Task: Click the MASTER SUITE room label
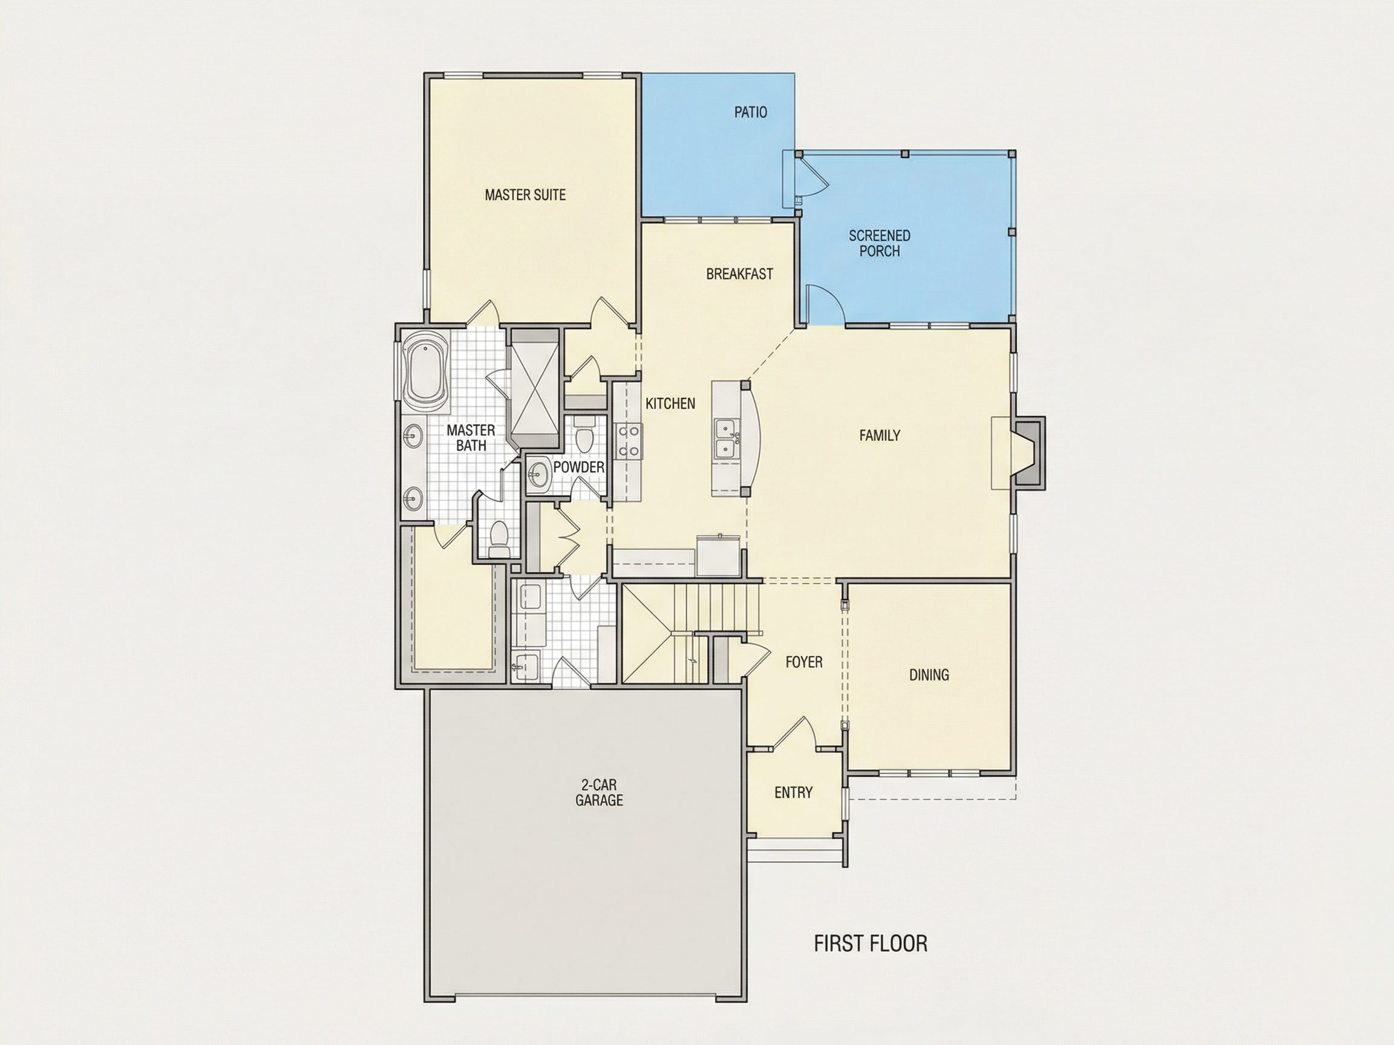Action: (x=525, y=195)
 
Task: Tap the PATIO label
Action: (x=751, y=112)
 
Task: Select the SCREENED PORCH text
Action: (x=879, y=243)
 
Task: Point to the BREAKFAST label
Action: (x=739, y=274)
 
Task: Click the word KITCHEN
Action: (x=670, y=403)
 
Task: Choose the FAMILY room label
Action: (x=880, y=435)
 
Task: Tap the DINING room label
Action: (x=929, y=676)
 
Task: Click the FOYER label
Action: (x=804, y=662)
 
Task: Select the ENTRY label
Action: (x=793, y=792)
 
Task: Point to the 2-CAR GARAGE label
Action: (x=599, y=792)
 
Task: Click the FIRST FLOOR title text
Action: (x=870, y=943)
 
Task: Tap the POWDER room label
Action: (x=578, y=467)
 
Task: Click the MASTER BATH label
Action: (x=471, y=438)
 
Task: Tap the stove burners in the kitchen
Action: (x=630, y=441)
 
